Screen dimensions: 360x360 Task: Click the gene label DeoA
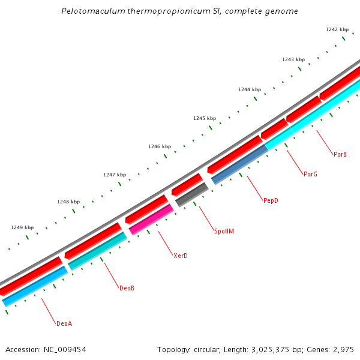point(64,323)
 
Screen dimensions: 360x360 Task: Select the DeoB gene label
point(127,288)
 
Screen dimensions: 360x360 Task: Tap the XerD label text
point(181,256)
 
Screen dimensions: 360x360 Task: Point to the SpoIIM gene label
point(224,231)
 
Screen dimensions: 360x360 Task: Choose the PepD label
point(271,200)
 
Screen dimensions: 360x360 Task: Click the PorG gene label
point(310,174)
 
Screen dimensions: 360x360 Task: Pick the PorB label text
point(340,154)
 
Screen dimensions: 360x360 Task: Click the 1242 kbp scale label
point(337,29)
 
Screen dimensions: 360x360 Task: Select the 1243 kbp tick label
point(293,59)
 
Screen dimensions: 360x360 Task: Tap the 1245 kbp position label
point(204,118)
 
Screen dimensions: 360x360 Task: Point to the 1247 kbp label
point(114,175)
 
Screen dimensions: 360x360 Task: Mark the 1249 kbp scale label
point(22,227)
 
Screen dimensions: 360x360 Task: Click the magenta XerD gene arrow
point(151,219)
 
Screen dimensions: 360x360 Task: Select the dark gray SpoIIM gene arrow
point(192,195)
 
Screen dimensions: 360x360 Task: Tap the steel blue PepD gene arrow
point(239,164)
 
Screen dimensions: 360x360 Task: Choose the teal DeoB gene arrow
point(98,251)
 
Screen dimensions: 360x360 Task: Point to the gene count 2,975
point(342,349)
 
